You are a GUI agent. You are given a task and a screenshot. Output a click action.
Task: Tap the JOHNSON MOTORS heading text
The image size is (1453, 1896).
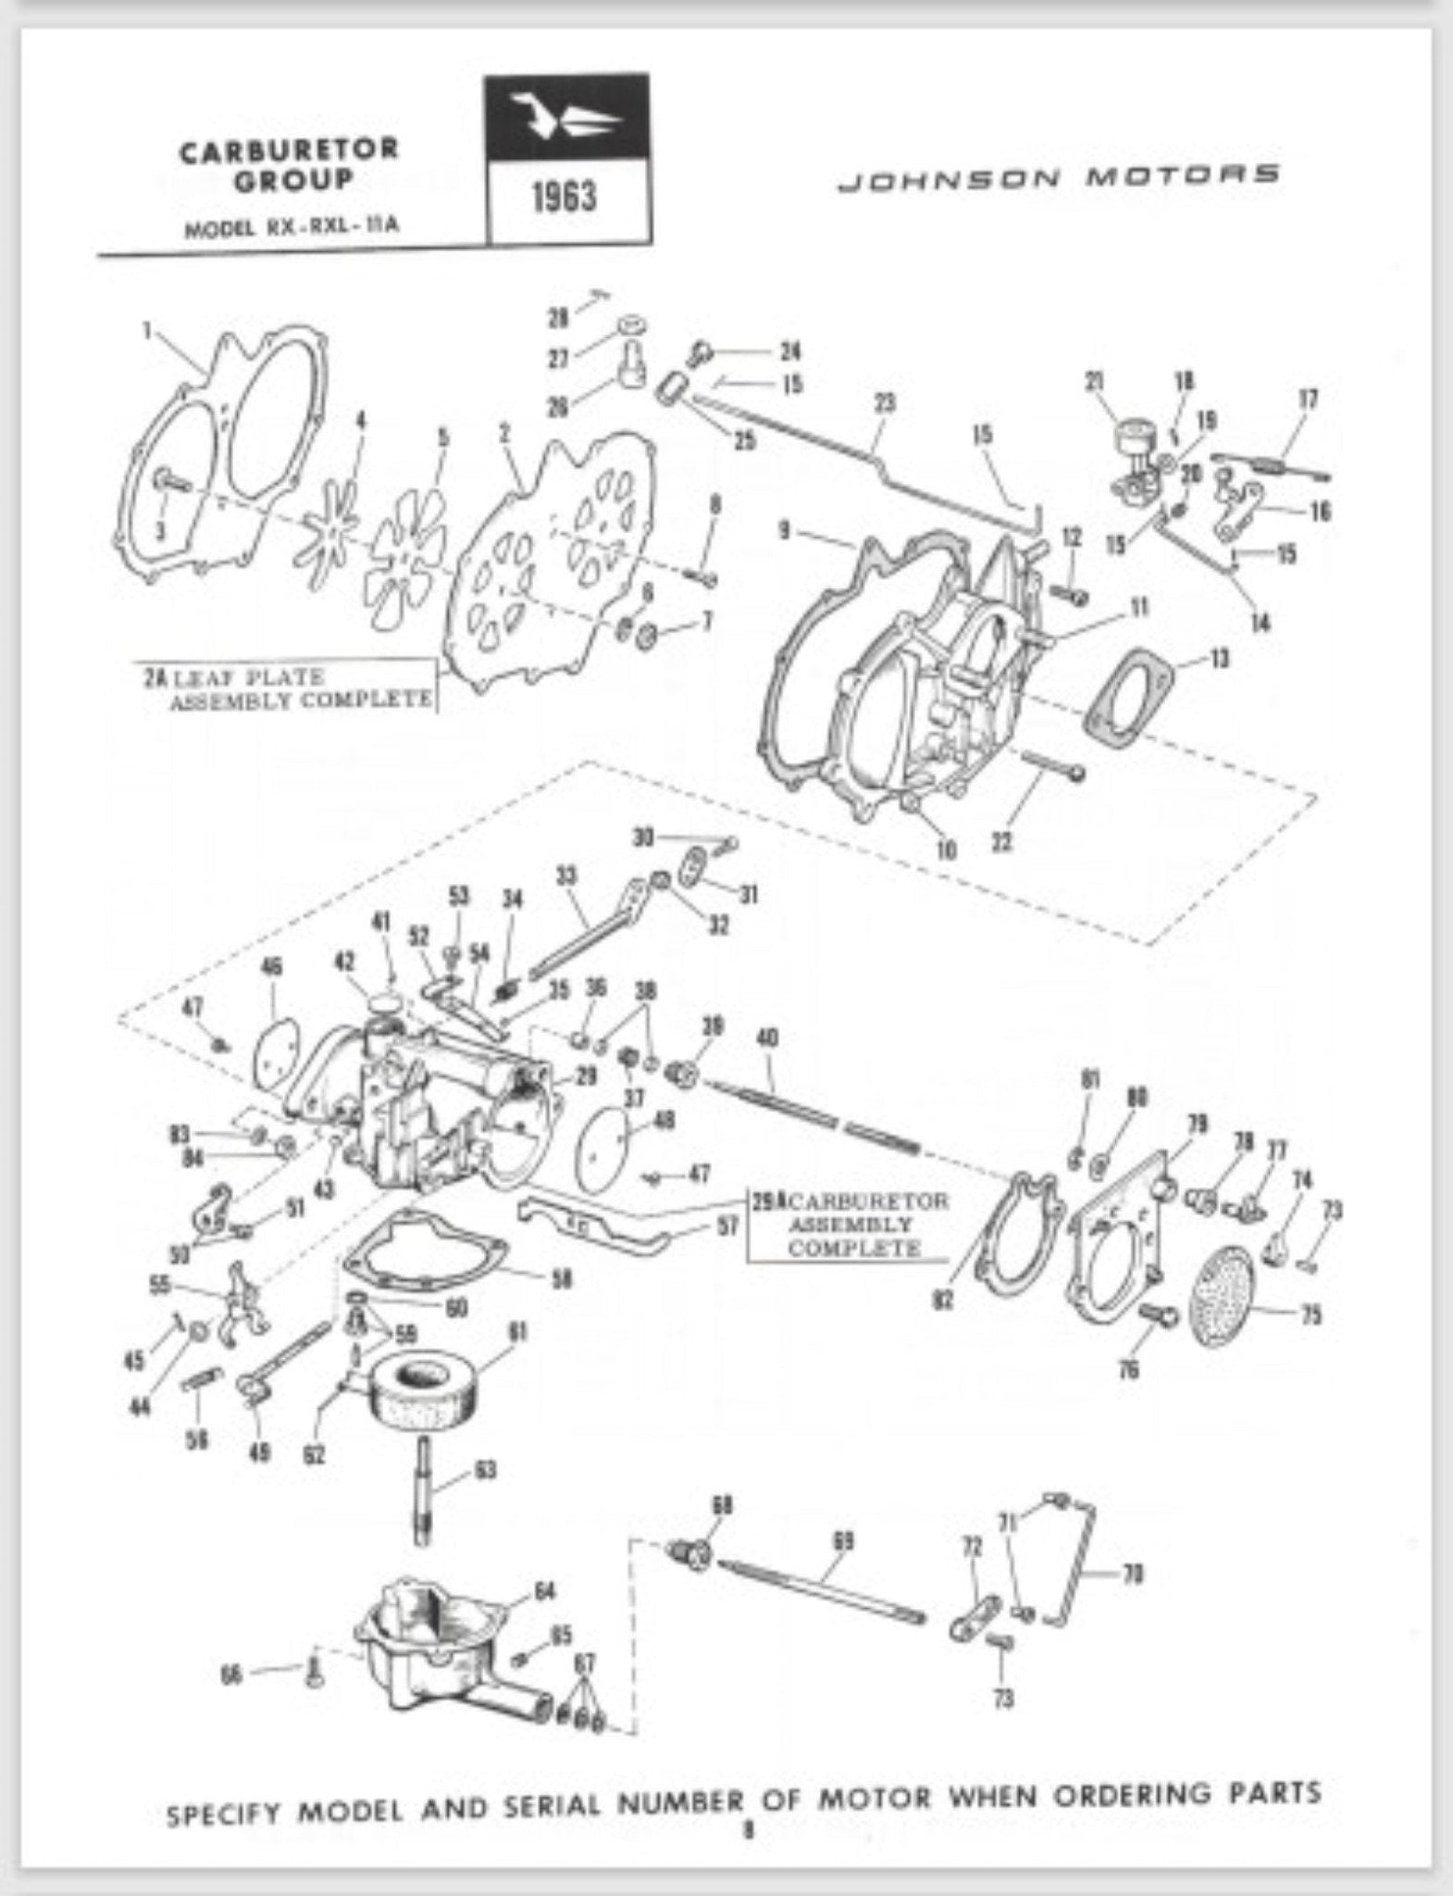pos(1058,176)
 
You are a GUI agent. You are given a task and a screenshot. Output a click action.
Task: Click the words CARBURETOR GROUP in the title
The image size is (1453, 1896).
pos(289,163)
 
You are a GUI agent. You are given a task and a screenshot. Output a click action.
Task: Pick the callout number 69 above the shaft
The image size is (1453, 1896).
pos(842,1541)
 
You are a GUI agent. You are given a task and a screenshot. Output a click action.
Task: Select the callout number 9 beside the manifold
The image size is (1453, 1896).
pos(784,533)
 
